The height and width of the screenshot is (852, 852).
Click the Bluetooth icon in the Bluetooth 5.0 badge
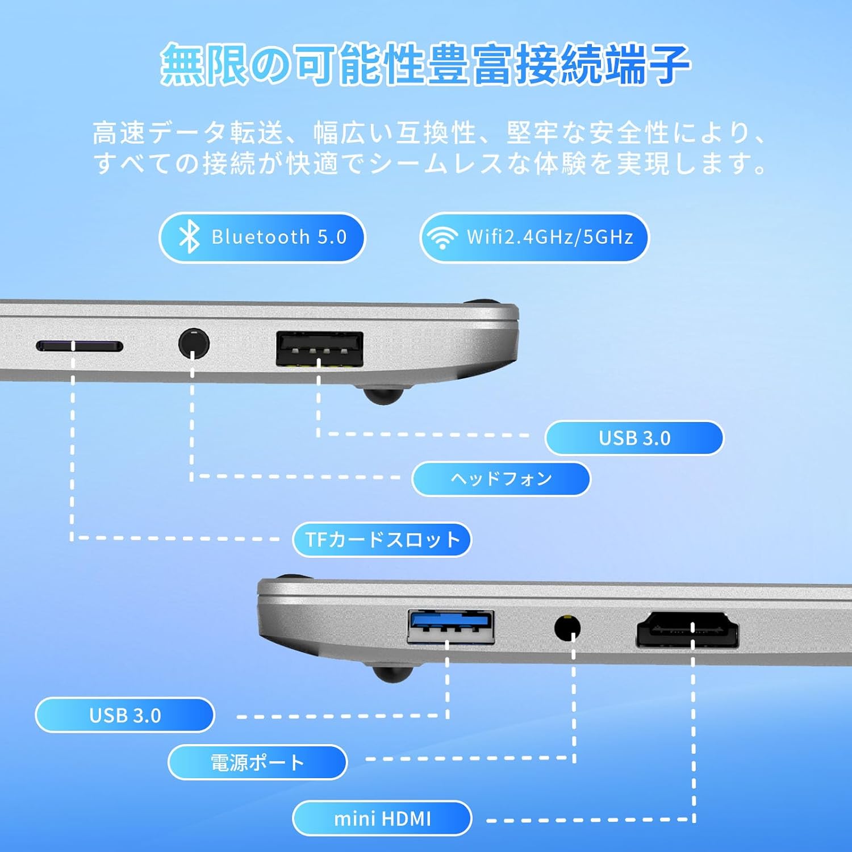189,237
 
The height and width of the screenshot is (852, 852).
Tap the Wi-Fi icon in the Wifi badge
442,237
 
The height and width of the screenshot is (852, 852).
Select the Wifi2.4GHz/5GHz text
550,237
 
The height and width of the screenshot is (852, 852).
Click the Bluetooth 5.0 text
279,237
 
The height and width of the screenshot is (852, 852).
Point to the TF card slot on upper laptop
80,346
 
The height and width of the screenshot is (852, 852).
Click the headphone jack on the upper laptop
194,343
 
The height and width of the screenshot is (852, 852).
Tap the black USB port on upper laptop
320,348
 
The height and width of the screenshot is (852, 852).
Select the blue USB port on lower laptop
451,627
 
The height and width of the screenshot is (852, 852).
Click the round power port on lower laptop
567,628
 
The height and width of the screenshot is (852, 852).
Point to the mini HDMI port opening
688,630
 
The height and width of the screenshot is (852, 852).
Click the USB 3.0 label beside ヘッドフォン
634,438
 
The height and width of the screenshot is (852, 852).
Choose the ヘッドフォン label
501,479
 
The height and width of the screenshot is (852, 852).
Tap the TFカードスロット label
382,539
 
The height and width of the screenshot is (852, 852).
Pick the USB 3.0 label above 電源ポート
125,715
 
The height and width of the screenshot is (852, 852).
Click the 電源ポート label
257,762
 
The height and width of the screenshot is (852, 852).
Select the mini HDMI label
382,818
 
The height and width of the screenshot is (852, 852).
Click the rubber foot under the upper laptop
384,394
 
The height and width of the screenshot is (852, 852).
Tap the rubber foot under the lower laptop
392,673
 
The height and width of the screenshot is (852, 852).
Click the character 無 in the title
183,64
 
